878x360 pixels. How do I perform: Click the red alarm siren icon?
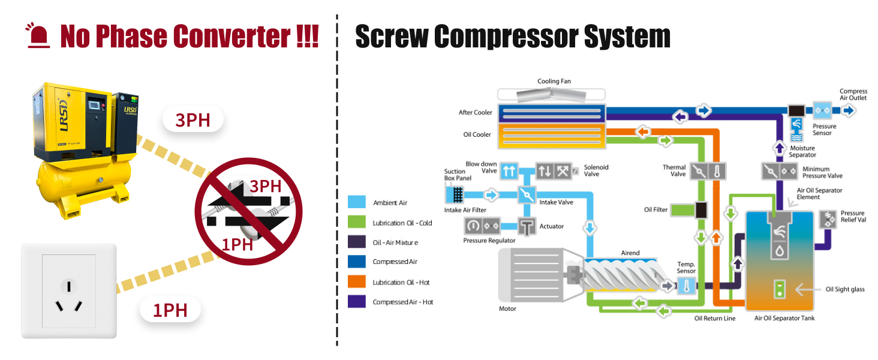pyautogui.click(x=39, y=36)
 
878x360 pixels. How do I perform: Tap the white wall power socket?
pyautogui.click(x=69, y=290)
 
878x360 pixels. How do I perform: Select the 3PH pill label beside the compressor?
pyautogui.click(x=193, y=120)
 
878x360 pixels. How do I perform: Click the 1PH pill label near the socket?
pyautogui.click(x=170, y=310)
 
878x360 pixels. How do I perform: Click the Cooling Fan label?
pyautogui.click(x=554, y=81)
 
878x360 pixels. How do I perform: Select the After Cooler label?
pyautogui.click(x=475, y=112)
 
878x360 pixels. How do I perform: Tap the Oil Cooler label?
pyautogui.click(x=477, y=134)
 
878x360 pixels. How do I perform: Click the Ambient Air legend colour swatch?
pyautogui.click(x=356, y=203)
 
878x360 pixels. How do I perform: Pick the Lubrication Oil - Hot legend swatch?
pyautogui.click(x=356, y=282)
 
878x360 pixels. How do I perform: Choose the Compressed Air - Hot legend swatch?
pyautogui.click(x=356, y=302)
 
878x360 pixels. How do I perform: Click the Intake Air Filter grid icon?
pyautogui.click(x=455, y=194)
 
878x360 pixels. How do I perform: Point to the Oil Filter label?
pyautogui.click(x=656, y=209)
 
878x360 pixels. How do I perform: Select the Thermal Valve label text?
pyautogui.click(x=674, y=171)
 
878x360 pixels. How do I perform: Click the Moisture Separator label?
pyautogui.click(x=802, y=151)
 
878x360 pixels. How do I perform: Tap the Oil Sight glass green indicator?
pyautogui.click(x=779, y=289)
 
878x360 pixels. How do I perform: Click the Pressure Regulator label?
pyautogui.click(x=489, y=241)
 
